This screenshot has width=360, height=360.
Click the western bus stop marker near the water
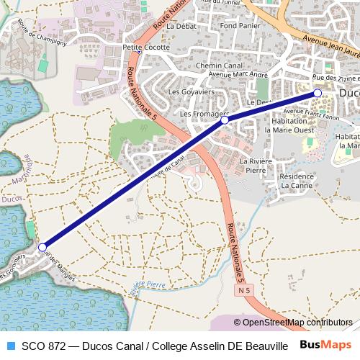(x=42, y=247)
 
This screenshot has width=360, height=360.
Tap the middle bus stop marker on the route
(x=224, y=120)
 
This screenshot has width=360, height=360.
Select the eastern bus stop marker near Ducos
(x=317, y=93)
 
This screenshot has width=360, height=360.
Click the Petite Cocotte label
(x=146, y=48)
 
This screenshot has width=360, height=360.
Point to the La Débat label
(x=181, y=26)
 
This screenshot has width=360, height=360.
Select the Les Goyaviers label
(x=187, y=92)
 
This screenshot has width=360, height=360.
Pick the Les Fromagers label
(x=204, y=114)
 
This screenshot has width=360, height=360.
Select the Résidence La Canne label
(x=297, y=181)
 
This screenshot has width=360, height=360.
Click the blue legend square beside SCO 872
(x=10, y=345)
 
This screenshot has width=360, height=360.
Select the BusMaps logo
(x=325, y=345)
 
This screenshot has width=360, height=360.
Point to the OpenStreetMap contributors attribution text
(x=296, y=323)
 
